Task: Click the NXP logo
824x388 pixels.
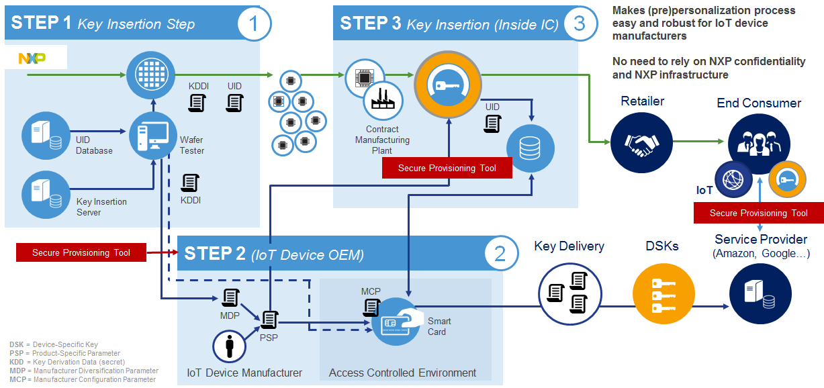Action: click(32, 58)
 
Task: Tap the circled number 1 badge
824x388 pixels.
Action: click(254, 24)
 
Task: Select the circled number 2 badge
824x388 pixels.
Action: click(500, 254)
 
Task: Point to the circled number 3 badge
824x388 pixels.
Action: click(580, 24)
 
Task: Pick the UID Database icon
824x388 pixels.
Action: click(46, 136)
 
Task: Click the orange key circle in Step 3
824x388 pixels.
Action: click(448, 85)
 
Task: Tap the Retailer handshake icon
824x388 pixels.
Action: click(635, 142)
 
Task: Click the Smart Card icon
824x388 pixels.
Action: click(396, 321)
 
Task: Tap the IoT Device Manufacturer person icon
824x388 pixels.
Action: click(230, 346)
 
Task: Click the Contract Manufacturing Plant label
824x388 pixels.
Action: click(382, 140)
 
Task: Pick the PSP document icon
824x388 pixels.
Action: click(270, 320)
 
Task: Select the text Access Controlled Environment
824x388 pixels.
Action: click(403, 373)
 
